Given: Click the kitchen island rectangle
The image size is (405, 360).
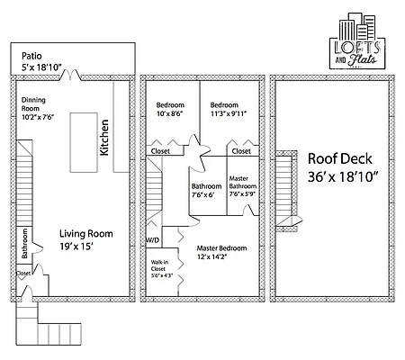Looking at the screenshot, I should (x=85, y=140).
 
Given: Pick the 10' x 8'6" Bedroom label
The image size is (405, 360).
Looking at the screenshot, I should (x=170, y=109).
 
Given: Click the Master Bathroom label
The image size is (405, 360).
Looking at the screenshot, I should (x=240, y=186).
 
